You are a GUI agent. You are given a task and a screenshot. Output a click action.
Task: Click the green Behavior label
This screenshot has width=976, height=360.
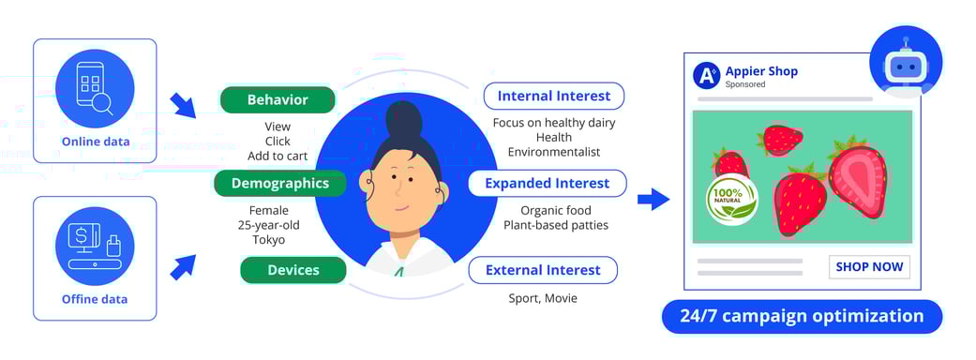pyautogui.click(x=278, y=99)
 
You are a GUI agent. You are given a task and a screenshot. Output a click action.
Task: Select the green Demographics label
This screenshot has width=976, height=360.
pyautogui.click(x=280, y=183)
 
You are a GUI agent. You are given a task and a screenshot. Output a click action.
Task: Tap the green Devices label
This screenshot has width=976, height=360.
pyautogui.click(x=293, y=270)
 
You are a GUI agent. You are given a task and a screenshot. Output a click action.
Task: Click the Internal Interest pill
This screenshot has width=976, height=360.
pyautogui.click(x=554, y=96)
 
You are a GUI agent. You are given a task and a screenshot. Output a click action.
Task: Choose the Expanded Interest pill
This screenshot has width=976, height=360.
pyautogui.click(x=548, y=183)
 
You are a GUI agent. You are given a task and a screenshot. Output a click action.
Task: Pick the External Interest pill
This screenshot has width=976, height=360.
pyautogui.click(x=543, y=270)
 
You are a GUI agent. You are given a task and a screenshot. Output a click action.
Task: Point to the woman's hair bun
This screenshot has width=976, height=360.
pyautogui.click(x=404, y=117)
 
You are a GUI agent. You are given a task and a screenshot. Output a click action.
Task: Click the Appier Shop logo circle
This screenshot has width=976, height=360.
pyautogui.click(x=707, y=75)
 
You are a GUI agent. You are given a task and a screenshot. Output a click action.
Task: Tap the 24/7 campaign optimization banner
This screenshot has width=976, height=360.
pyautogui.click(x=802, y=316)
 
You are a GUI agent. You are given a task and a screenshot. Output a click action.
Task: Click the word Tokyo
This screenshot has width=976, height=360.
pyautogui.click(x=269, y=240)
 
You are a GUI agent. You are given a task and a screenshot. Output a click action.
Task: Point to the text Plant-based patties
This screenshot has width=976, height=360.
pyautogui.click(x=556, y=225)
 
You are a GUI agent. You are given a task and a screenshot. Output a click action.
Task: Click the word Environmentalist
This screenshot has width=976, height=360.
pyautogui.click(x=554, y=152)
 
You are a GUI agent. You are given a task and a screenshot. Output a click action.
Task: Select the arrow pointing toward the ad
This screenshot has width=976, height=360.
pyautogui.click(x=653, y=200)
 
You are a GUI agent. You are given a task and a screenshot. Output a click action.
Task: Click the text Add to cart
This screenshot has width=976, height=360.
pyautogui.click(x=278, y=156)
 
